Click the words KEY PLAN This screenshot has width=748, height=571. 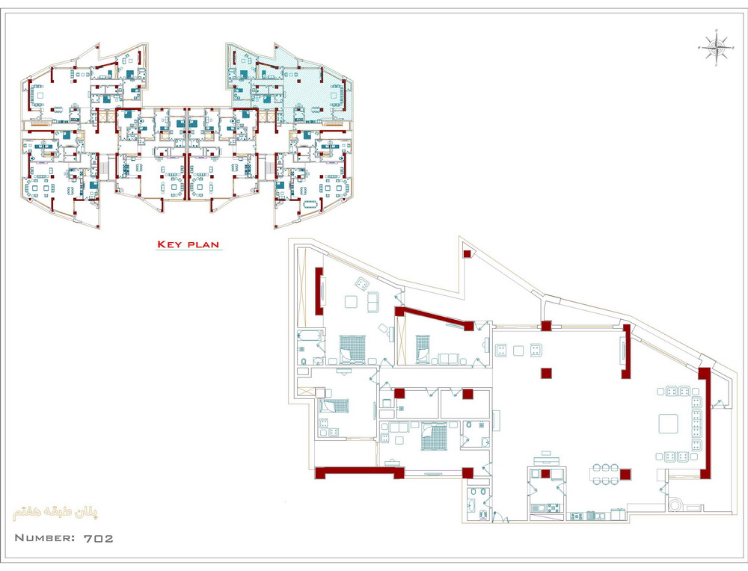[188, 245]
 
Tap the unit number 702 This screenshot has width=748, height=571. [99, 539]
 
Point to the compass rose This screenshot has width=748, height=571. [716, 46]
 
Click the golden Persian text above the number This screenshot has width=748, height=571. [56, 513]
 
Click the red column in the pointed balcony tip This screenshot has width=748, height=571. [467, 253]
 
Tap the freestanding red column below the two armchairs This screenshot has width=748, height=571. [546, 373]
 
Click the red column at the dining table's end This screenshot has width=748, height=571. [625, 475]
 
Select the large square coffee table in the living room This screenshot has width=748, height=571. [668, 423]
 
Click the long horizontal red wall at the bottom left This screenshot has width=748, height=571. [360, 472]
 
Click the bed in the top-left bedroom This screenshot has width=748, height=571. [352, 348]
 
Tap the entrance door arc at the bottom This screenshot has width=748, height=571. [500, 517]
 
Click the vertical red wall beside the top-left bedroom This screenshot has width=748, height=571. [319, 291]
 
